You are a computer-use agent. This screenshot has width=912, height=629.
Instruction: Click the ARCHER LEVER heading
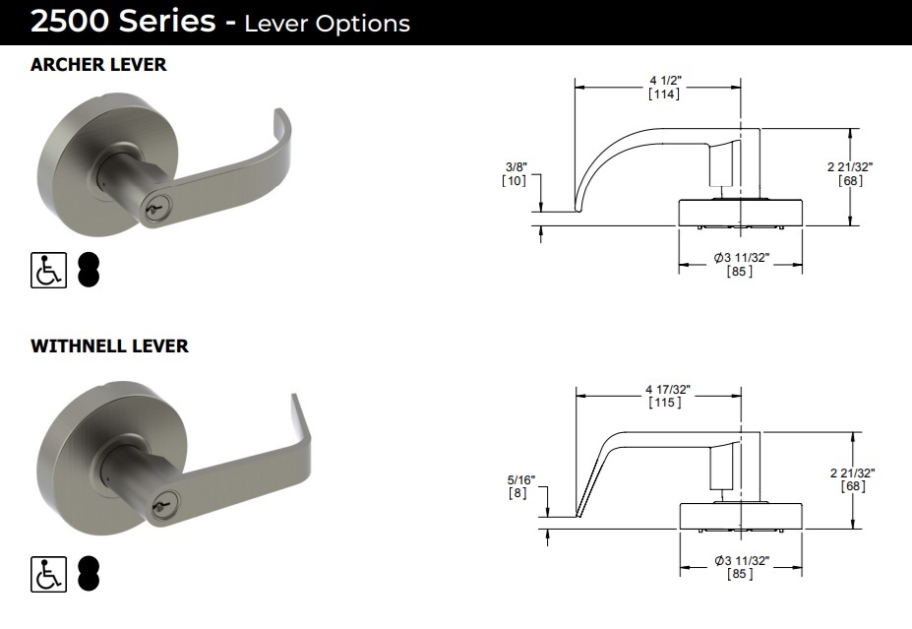tap(98, 65)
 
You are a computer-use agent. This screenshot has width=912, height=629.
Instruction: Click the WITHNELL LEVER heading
tap(109, 346)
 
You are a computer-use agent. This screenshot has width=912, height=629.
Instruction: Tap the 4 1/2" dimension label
tap(664, 80)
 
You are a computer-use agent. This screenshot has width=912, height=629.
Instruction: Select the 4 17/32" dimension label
tap(665, 391)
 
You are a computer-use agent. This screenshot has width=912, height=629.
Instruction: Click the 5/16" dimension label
tap(517, 480)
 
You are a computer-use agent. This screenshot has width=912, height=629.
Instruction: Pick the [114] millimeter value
tap(664, 94)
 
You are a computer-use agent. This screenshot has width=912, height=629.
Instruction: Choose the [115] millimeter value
tap(665, 404)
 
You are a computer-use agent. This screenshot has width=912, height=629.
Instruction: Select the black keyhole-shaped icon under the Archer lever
tap(89, 270)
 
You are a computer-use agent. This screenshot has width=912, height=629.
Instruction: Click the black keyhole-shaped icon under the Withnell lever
tap(89, 575)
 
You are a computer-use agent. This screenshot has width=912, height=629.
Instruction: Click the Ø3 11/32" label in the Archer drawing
tap(741, 258)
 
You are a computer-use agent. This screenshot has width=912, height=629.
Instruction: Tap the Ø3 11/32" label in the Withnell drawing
tap(741, 560)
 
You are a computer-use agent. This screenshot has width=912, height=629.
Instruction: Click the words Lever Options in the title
tap(327, 24)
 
